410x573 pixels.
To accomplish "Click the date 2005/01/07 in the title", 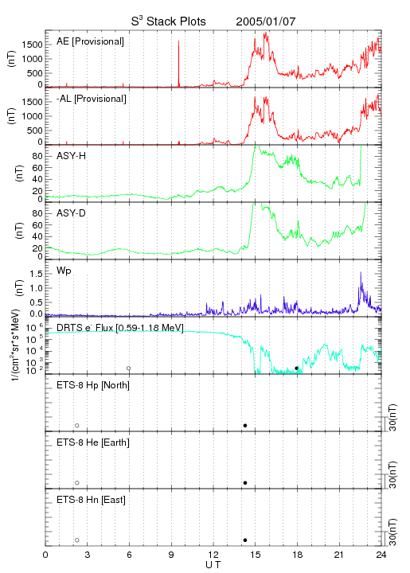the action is pyautogui.click(x=266, y=21).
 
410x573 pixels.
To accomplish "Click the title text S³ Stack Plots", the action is pyautogui.click(x=169, y=21).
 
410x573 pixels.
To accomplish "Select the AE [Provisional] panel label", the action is pyautogui.click(x=90, y=41).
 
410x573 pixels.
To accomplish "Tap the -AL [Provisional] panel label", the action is pyautogui.click(x=92, y=99).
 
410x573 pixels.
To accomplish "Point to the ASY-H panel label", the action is pyautogui.click(x=72, y=156).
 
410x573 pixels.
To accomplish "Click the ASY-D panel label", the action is pyautogui.click(x=72, y=213).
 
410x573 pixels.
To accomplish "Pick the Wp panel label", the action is pyautogui.click(x=64, y=271).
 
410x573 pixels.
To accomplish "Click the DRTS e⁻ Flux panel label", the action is pyautogui.click(x=120, y=328).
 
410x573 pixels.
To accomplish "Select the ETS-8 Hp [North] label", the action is pyautogui.click(x=93, y=385).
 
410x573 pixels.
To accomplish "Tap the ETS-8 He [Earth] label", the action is pyautogui.click(x=93, y=442).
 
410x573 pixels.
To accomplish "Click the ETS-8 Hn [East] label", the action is pyautogui.click(x=91, y=500).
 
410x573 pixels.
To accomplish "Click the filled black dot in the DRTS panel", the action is pyautogui.click(x=296, y=368).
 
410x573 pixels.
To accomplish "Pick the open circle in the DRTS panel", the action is pyautogui.click(x=129, y=368).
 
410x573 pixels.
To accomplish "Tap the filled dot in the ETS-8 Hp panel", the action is pyautogui.click(x=245, y=425).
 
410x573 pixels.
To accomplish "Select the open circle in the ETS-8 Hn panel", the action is pyautogui.click(x=77, y=540).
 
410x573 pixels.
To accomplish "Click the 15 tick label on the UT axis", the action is pyautogui.click(x=256, y=555).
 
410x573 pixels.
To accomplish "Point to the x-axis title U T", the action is pyautogui.click(x=213, y=565).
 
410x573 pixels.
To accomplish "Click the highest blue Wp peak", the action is pyautogui.click(x=361, y=273).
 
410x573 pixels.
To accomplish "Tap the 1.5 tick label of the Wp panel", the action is pyautogui.click(x=37, y=274).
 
